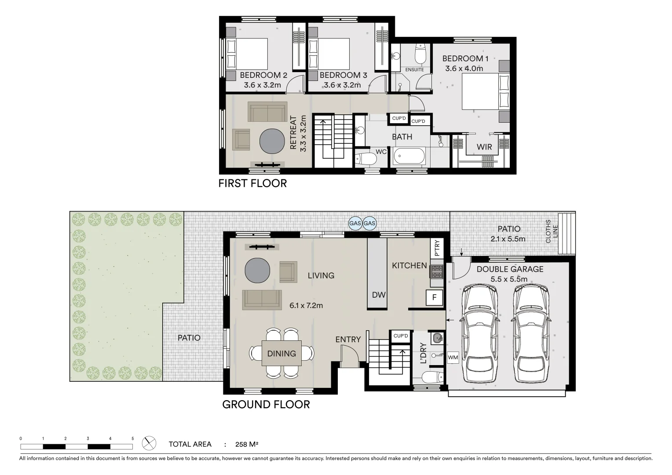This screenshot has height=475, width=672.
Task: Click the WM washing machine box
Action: (x=453, y=358)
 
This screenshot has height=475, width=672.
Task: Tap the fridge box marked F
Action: (x=434, y=298)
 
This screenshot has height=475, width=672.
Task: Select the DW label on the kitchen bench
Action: (x=379, y=295)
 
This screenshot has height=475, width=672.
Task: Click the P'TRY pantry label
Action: (x=437, y=248)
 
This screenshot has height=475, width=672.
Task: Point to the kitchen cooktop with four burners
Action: (x=437, y=271)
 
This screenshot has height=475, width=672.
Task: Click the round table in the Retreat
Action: (x=272, y=141)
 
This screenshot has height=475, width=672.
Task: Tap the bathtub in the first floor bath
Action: (x=409, y=156)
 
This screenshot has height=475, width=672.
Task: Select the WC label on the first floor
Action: (x=381, y=152)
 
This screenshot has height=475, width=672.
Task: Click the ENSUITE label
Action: (x=414, y=69)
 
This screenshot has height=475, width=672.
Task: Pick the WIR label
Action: (x=484, y=147)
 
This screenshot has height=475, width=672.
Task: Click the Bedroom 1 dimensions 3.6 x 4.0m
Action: (x=464, y=69)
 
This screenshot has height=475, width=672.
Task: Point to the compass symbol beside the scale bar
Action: (x=149, y=443)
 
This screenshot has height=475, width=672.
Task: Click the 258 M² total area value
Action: (x=247, y=444)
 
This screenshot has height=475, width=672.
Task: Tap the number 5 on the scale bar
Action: (x=133, y=438)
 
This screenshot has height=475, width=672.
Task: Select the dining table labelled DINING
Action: (x=281, y=353)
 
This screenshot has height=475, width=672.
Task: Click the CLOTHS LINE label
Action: (x=551, y=231)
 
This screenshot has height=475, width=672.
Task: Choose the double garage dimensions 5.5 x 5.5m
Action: (x=509, y=279)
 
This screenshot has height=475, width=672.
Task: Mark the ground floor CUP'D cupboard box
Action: (x=401, y=336)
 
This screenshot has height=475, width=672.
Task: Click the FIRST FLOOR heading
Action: (x=252, y=183)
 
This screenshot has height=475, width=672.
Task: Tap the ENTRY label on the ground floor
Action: (x=348, y=340)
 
